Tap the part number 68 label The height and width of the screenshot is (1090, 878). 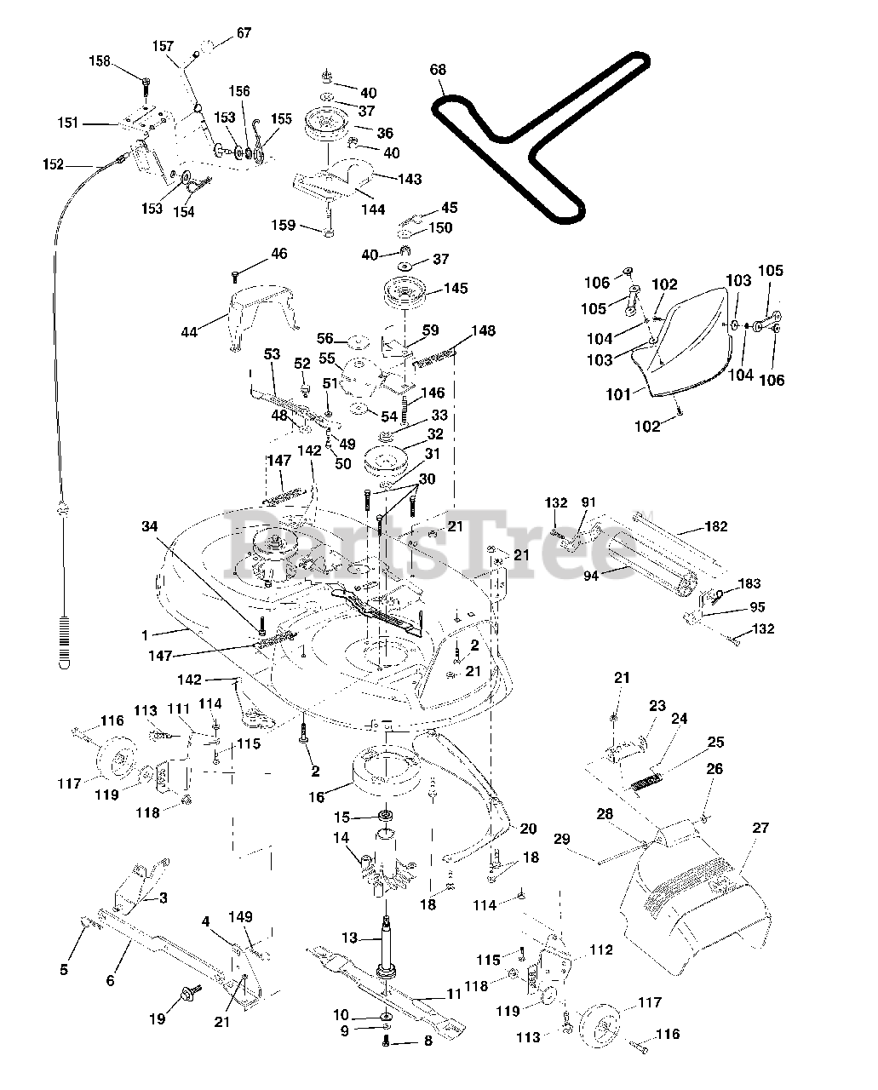coord(438,69)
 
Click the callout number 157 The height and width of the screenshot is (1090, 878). coord(164,46)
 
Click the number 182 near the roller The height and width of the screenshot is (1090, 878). coord(716,526)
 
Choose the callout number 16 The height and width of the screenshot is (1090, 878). coord(317,797)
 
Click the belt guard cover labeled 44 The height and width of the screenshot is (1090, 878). coord(261,314)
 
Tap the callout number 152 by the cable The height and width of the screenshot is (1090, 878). coord(53,164)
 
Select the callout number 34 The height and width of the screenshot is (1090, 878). coord(150,526)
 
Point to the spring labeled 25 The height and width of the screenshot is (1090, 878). coord(647,782)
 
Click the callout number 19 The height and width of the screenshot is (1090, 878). coord(157,1018)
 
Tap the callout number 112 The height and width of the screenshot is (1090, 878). coord(601,949)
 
